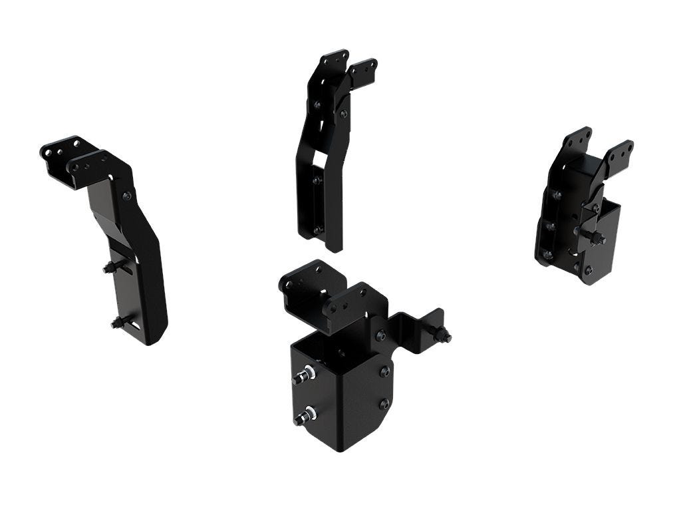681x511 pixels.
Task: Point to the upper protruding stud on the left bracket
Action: (110, 267)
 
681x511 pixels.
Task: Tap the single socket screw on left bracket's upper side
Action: (126, 196)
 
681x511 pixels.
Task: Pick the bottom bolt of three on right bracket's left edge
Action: (548, 254)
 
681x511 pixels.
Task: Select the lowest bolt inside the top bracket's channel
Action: (318, 230)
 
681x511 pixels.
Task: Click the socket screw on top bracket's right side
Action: (343, 114)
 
